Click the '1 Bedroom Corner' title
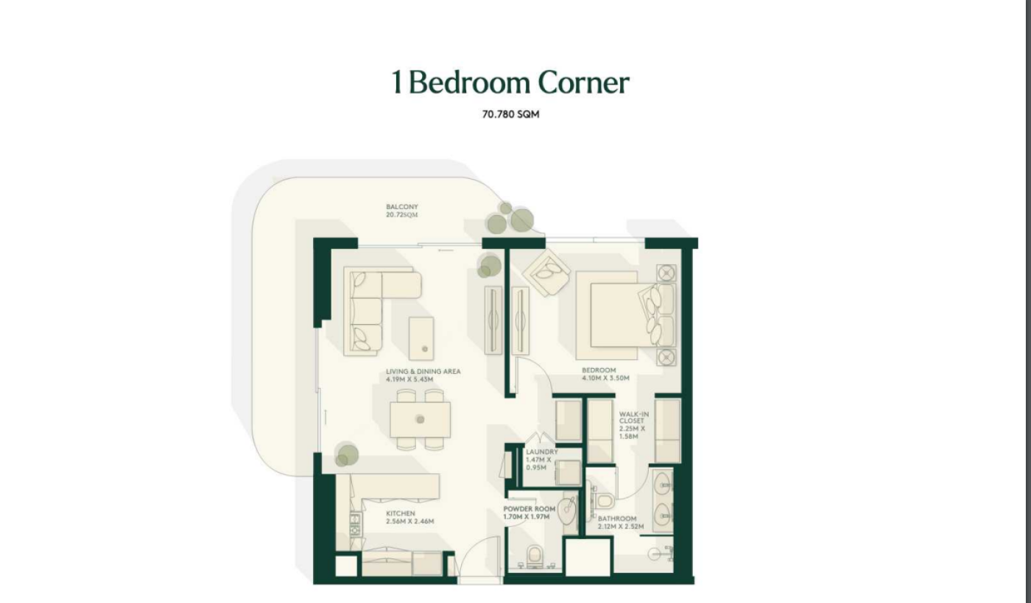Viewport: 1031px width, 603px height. (x=510, y=83)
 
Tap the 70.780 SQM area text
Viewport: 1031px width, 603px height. (x=510, y=114)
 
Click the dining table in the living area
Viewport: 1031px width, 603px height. (x=420, y=420)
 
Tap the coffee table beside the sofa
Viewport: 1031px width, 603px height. (x=421, y=339)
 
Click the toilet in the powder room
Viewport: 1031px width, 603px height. (x=535, y=556)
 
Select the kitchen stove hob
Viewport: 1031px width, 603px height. (x=355, y=524)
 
